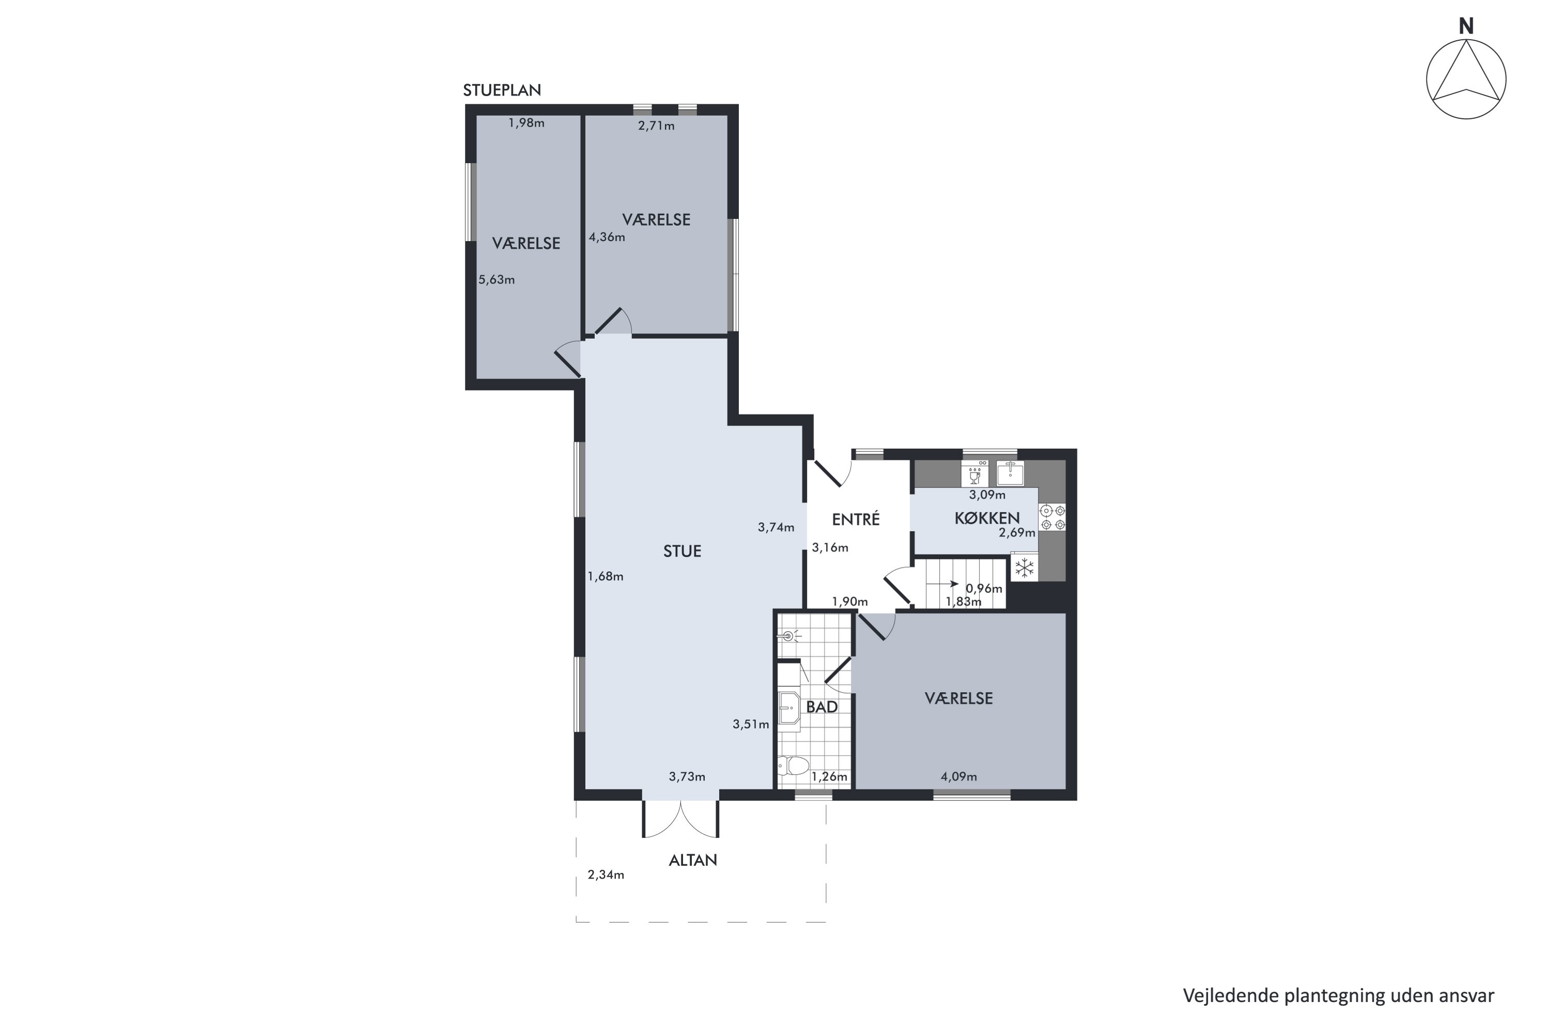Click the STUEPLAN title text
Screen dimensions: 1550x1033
pos(502,90)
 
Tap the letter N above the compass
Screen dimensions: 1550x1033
pos(1466,26)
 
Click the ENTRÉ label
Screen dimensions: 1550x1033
pos(856,519)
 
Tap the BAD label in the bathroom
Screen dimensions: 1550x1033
pos(822,707)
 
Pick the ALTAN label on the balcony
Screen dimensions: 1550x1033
pos(693,860)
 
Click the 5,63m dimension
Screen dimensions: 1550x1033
pos(496,280)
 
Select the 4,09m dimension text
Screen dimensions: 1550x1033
pos(958,777)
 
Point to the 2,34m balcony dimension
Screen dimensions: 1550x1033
pos(606,875)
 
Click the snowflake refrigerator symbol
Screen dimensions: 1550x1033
pos(1024,568)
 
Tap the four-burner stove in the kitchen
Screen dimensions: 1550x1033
pos(1052,517)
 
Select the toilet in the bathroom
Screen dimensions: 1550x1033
pos(793,765)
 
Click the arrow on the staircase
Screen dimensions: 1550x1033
pos(942,584)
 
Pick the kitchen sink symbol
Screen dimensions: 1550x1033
pos(1010,473)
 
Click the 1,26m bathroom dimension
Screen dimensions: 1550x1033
pos(829,777)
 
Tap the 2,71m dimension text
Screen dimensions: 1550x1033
pos(656,126)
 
